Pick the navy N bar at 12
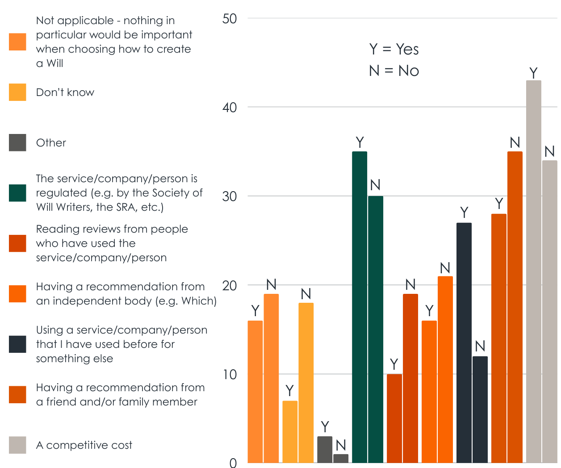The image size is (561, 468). click(x=480, y=409)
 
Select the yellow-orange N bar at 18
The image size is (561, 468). click(x=306, y=383)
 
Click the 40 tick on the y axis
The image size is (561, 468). click(x=230, y=108)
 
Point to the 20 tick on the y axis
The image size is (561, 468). click(x=230, y=285)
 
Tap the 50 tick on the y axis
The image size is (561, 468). click(x=230, y=19)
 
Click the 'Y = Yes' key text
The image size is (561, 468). click(x=394, y=49)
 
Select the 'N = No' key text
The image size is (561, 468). click(x=394, y=71)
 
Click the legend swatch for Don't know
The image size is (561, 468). click(x=17, y=92)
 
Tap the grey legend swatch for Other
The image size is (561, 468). click(x=17, y=143)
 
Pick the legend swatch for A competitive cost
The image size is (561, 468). click(x=17, y=445)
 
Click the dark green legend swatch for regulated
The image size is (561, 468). click(x=17, y=193)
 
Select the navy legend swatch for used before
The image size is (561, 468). click(x=17, y=344)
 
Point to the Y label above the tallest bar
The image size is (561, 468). click(x=533, y=73)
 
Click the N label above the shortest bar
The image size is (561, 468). click(x=341, y=445)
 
